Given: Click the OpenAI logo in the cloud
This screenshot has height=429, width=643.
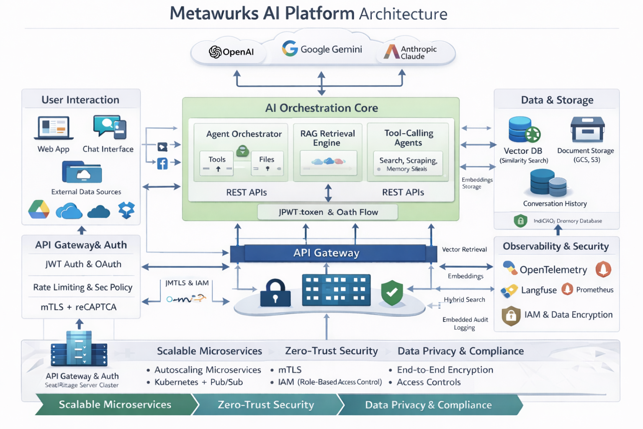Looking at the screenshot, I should coord(215,52).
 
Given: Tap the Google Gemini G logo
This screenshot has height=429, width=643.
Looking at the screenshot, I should coord(289,49).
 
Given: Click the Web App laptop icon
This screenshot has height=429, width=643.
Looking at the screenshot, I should coord(54,128).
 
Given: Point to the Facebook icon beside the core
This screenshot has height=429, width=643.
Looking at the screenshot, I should coord(162,163).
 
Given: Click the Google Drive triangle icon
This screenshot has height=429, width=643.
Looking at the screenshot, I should coord(39,210).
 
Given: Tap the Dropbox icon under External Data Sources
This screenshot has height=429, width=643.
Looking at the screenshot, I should coord(126,210).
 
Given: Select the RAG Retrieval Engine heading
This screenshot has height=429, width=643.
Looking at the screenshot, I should coord(327,138).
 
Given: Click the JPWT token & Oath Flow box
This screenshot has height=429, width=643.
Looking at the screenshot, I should coord(328,212).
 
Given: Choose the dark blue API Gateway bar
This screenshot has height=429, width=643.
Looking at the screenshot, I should coord(327,253).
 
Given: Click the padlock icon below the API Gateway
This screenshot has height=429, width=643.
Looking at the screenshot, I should coord(275,293).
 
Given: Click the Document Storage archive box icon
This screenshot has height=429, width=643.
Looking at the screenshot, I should coord(587,129).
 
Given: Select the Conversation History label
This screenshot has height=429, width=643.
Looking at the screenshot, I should coord(555,204).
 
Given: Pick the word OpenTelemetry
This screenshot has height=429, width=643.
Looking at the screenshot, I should coord(553,270).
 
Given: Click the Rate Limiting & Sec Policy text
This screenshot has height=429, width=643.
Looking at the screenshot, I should coord(83,287).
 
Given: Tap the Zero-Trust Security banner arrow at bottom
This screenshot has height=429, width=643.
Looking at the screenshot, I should coord(266,405).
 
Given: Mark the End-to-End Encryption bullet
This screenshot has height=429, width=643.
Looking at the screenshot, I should coord(445,370).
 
